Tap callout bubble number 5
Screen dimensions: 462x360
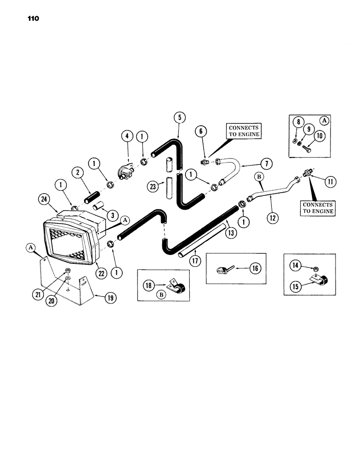180,116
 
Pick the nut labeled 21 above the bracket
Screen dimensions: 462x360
67,271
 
